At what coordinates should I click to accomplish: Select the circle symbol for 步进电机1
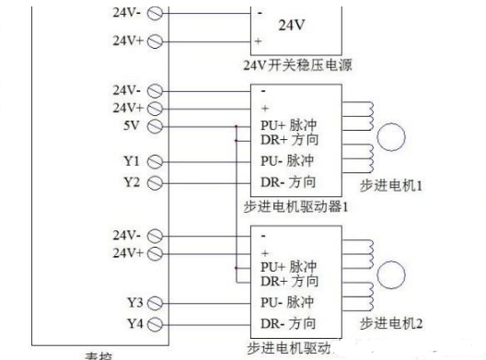pyautogui.click(x=393, y=136)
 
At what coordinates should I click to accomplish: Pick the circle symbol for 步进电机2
pyautogui.click(x=393, y=274)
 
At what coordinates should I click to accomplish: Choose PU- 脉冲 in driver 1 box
pyautogui.click(x=287, y=160)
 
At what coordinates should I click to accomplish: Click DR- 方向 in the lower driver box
pyautogui.click(x=287, y=323)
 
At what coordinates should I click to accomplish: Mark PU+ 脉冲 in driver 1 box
pyautogui.click(x=289, y=124)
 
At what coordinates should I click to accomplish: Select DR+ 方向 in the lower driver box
pyautogui.click(x=289, y=280)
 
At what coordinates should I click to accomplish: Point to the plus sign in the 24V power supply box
pyautogui.click(x=258, y=41)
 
